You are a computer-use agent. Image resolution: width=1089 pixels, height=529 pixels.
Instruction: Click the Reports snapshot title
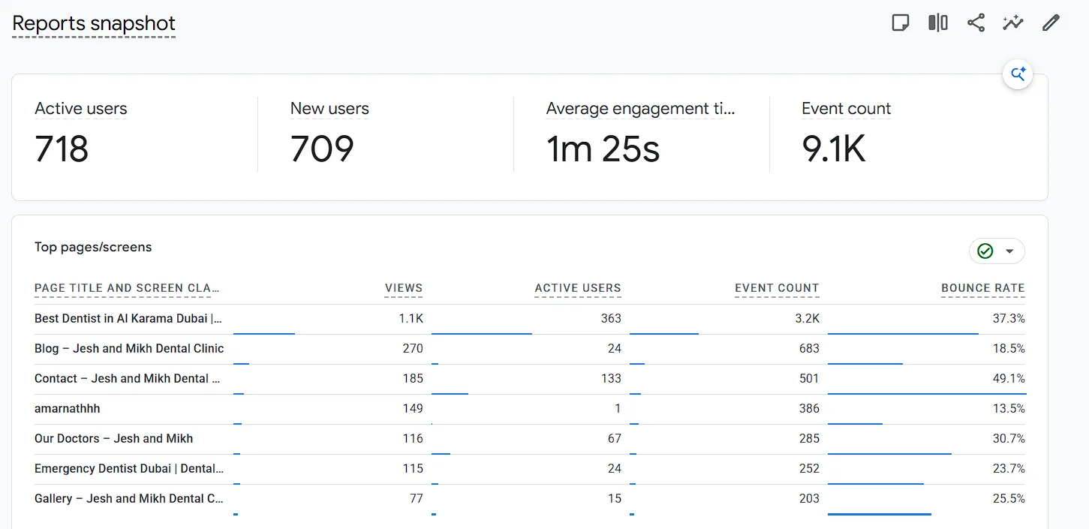pos(93,23)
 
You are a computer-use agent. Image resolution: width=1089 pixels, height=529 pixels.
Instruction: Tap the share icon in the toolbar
pos(976,23)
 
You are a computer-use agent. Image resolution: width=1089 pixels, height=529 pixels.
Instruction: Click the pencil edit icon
pos(1051,23)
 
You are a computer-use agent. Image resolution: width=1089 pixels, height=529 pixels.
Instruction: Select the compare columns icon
pos(938,23)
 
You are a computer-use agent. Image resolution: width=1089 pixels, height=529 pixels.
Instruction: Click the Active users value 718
pos(62,149)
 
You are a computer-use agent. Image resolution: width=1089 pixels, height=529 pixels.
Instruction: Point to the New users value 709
pos(322,149)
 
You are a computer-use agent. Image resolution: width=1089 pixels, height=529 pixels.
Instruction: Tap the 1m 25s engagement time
pos(603,149)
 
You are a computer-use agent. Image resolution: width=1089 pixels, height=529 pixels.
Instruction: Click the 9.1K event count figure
pos(833,149)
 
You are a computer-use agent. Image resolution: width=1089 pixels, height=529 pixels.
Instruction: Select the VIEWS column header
pos(404,288)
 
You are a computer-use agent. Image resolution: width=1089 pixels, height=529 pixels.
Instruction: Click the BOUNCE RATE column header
pos(983,288)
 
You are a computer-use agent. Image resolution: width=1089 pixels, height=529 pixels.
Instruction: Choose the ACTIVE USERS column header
pos(578,288)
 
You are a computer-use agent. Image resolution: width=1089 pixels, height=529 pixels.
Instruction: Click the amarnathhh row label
pos(67,408)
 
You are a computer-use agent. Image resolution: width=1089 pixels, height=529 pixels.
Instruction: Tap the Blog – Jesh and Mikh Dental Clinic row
pos(129,348)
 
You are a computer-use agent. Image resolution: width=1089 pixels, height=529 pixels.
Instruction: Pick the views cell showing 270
pos(413,348)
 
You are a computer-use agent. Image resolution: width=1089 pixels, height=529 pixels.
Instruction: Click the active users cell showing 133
pos(611,378)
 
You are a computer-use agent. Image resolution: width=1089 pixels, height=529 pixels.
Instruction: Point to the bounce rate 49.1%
pos(1009,378)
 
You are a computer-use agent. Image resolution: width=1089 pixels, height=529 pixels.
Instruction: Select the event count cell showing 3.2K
pos(807,318)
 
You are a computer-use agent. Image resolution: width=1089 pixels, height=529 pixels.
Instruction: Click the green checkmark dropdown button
pos(997,251)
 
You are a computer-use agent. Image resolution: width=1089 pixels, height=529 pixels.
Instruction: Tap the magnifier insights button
pos(1018,74)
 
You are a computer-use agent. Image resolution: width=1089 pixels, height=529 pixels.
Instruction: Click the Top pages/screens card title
pos(93,247)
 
